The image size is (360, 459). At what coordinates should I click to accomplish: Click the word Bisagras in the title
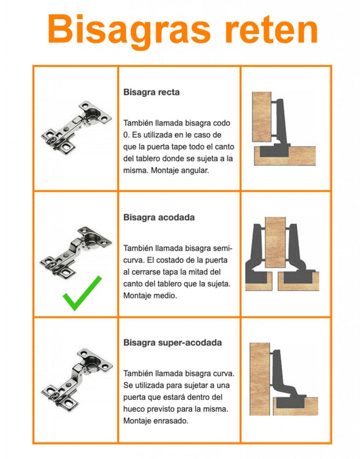(x=129, y=30)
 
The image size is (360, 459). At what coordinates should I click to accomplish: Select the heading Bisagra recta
(x=151, y=92)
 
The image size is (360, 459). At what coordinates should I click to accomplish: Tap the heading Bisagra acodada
(x=159, y=218)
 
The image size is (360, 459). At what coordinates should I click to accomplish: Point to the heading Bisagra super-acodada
(x=172, y=342)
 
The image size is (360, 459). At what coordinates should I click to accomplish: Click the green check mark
(x=82, y=292)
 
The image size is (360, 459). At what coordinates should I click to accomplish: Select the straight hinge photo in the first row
(x=77, y=127)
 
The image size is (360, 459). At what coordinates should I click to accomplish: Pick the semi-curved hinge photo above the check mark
(x=76, y=252)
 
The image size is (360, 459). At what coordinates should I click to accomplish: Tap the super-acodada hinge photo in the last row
(x=77, y=380)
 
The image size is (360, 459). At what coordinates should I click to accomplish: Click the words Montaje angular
(x=180, y=170)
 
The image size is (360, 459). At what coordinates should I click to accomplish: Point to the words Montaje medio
(x=150, y=296)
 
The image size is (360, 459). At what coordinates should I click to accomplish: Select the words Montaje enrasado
(x=155, y=421)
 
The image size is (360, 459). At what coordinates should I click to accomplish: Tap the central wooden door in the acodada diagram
(x=275, y=243)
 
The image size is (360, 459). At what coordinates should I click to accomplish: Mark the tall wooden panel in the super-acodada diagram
(x=260, y=379)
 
